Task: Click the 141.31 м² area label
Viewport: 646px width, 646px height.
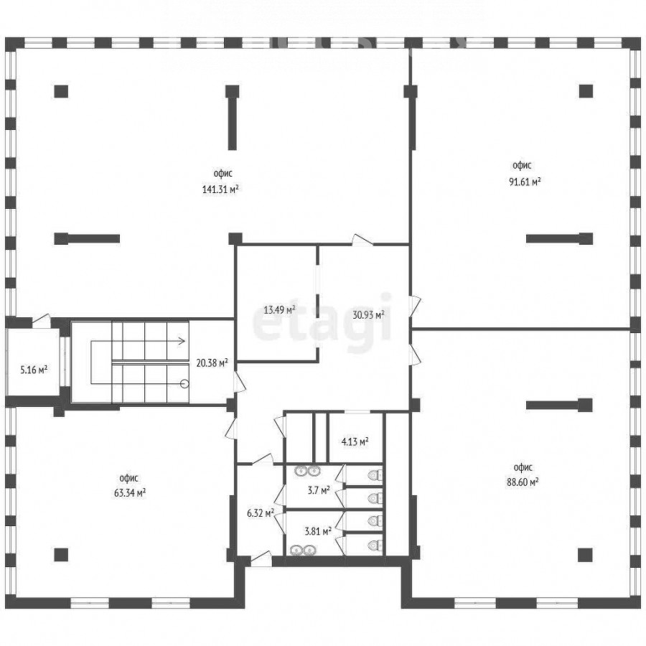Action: tap(220, 189)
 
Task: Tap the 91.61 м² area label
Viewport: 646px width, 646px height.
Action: tap(525, 182)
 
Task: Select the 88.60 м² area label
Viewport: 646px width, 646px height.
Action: tap(523, 482)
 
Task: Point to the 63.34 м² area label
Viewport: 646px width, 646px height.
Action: tap(130, 492)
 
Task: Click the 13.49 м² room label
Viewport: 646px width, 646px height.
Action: tap(279, 309)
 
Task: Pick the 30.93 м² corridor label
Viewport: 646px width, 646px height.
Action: tap(368, 315)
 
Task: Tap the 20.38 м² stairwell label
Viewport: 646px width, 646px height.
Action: tap(212, 363)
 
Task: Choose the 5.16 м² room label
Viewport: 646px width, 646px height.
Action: tap(34, 370)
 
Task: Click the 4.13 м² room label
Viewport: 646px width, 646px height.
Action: tap(355, 442)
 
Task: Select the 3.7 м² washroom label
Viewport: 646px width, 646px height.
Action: tap(319, 490)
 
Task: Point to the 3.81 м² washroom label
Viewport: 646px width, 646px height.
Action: tap(318, 531)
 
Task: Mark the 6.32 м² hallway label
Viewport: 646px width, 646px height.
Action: tap(261, 513)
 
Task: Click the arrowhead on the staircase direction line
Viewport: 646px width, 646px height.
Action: tap(182, 341)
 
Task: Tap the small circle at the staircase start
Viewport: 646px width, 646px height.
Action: tap(184, 384)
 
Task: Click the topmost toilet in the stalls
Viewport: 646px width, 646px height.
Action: tap(375, 475)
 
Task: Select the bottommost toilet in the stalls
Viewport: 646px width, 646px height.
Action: tap(375, 545)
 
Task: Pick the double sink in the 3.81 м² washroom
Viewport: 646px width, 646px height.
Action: tap(303, 550)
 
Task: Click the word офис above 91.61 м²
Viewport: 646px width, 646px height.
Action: tap(522, 166)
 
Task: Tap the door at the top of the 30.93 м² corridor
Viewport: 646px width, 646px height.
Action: tap(362, 240)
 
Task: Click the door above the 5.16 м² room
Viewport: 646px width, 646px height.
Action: tap(41, 321)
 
